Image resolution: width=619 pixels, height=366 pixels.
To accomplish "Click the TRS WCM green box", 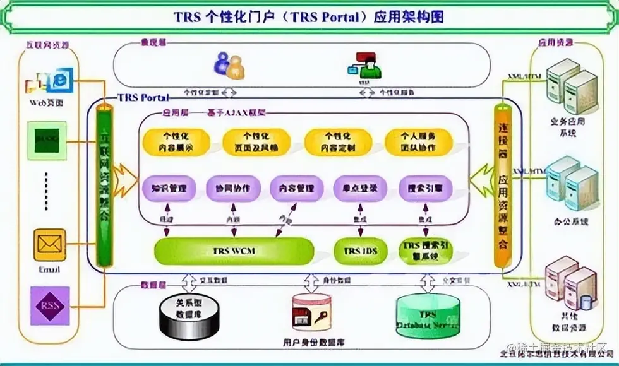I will coord(234,251).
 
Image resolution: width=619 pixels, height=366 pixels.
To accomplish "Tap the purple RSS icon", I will coord(49,305).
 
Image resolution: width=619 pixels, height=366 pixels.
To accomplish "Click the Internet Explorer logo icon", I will coord(59,81).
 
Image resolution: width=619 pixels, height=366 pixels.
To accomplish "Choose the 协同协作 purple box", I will coord(232,188).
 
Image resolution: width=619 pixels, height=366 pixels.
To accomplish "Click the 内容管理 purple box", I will coord(296,188).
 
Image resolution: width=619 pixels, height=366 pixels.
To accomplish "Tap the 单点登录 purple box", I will coord(359,188).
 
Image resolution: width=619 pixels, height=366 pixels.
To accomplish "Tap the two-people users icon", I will coord(228,63).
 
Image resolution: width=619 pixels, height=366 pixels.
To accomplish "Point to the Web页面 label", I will coord(46,102).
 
